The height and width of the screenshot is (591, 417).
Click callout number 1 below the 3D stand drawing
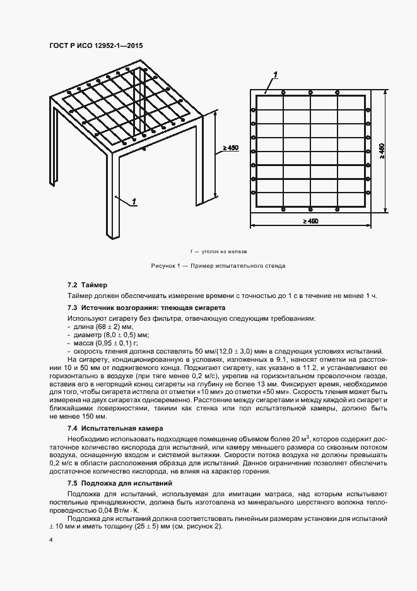[x=135, y=201]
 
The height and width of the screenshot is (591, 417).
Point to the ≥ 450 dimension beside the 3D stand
[x=230, y=148]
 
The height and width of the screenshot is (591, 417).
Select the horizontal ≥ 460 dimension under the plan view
[x=310, y=221]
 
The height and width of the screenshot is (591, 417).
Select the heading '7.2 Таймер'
[x=87, y=285]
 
